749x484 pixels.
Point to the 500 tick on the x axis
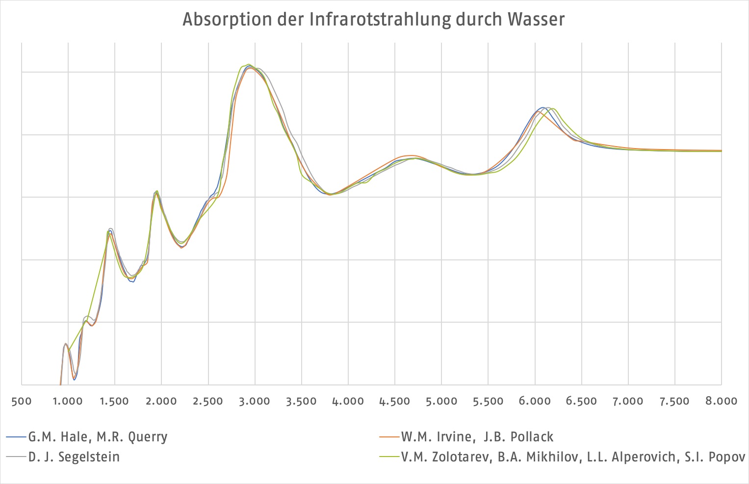pyautogui.click(x=21, y=401)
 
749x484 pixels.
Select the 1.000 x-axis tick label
pyautogui.click(x=68, y=401)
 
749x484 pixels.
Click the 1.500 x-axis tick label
pyautogui.click(x=114, y=401)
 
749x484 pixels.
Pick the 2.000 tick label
pyautogui.click(x=161, y=401)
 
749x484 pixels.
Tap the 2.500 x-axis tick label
pyautogui.click(x=208, y=401)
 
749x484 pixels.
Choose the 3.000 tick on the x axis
pyautogui.click(x=255, y=401)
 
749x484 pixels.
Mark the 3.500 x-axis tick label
pyautogui.click(x=301, y=401)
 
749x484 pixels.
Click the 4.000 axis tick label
pyautogui.click(x=348, y=401)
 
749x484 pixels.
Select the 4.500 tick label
pyautogui.click(x=394, y=401)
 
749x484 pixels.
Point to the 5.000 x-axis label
pyautogui.click(x=441, y=401)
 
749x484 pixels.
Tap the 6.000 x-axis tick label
pyautogui.click(x=535, y=401)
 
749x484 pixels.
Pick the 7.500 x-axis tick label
pyautogui.click(x=674, y=401)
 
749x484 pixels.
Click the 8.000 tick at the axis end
pyautogui.click(x=721, y=401)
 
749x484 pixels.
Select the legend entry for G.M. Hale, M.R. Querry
pyautogui.click(x=98, y=437)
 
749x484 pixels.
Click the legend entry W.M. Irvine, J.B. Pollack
pyautogui.click(x=477, y=437)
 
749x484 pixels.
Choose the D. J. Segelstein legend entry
pyautogui.click(x=74, y=457)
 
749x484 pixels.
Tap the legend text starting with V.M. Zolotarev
pyautogui.click(x=573, y=457)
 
